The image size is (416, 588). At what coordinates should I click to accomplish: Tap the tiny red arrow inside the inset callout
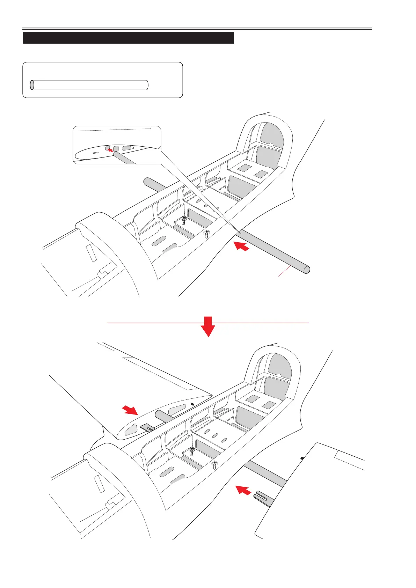(111, 150)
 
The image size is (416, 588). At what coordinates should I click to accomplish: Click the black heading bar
(128, 38)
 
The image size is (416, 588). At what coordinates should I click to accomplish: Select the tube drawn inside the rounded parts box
(89, 85)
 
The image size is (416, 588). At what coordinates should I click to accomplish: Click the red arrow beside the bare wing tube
(241, 246)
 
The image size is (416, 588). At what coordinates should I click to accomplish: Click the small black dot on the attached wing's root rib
(192, 404)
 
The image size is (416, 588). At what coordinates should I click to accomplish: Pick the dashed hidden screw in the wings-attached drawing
(215, 465)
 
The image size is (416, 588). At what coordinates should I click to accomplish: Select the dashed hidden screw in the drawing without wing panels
(206, 233)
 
